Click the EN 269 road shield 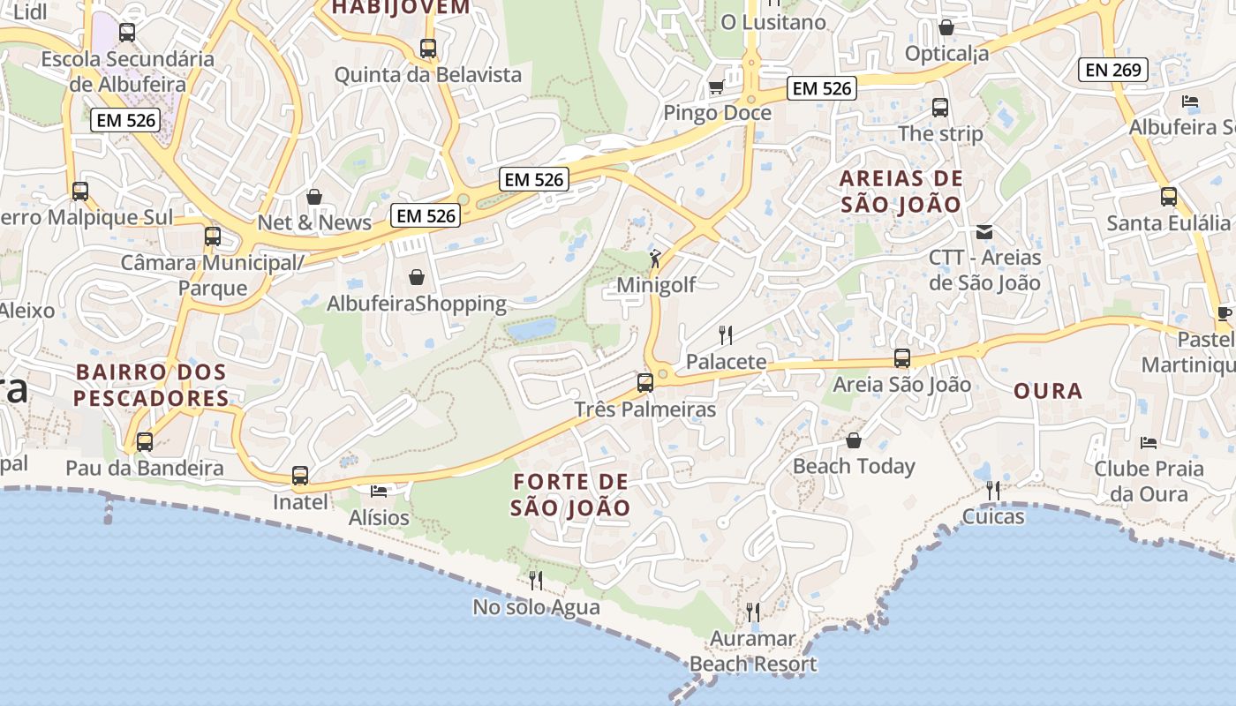[1113, 70]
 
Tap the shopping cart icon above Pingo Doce [716, 86]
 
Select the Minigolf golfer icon [654, 259]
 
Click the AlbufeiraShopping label [417, 304]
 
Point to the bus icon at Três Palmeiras [645, 383]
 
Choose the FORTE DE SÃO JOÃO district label [570, 494]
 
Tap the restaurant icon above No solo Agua [535, 580]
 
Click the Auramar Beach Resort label [753, 651]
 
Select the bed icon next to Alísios [379, 491]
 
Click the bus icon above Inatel [300, 476]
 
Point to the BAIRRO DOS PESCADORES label [151, 385]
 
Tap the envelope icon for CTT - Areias [984, 232]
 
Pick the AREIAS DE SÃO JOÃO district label [901, 192]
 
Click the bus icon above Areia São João [902, 358]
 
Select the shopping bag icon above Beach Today [854, 439]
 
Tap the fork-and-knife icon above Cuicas [993, 490]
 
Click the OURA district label [1048, 391]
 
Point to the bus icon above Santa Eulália [1169, 197]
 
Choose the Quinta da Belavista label [427, 75]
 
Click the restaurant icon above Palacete [726, 334]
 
